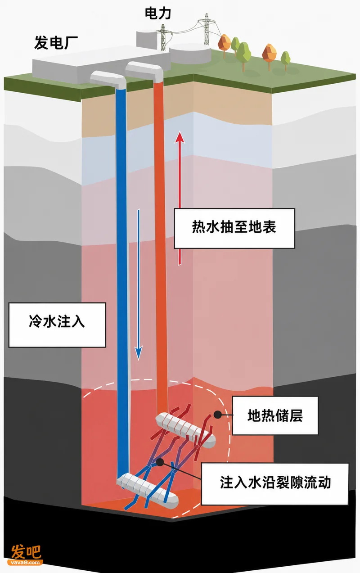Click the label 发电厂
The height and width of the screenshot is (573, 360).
tap(56, 43)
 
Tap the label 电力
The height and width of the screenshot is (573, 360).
tap(158, 14)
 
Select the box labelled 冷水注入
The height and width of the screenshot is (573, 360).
tap(57, 325)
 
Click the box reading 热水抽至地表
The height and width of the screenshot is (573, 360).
tap(234, 228)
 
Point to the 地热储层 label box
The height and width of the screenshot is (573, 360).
tap(275, 415)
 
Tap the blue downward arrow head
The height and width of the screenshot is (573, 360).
tap(139, 352)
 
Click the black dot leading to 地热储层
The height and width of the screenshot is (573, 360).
tap(218, 415)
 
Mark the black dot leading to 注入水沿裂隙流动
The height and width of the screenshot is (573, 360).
tap(160, 462)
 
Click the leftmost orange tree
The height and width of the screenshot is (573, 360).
tap(224, 44)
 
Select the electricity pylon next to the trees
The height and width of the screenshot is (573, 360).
tap(206, 30)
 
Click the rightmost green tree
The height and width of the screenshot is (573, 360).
tap(285, 60)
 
